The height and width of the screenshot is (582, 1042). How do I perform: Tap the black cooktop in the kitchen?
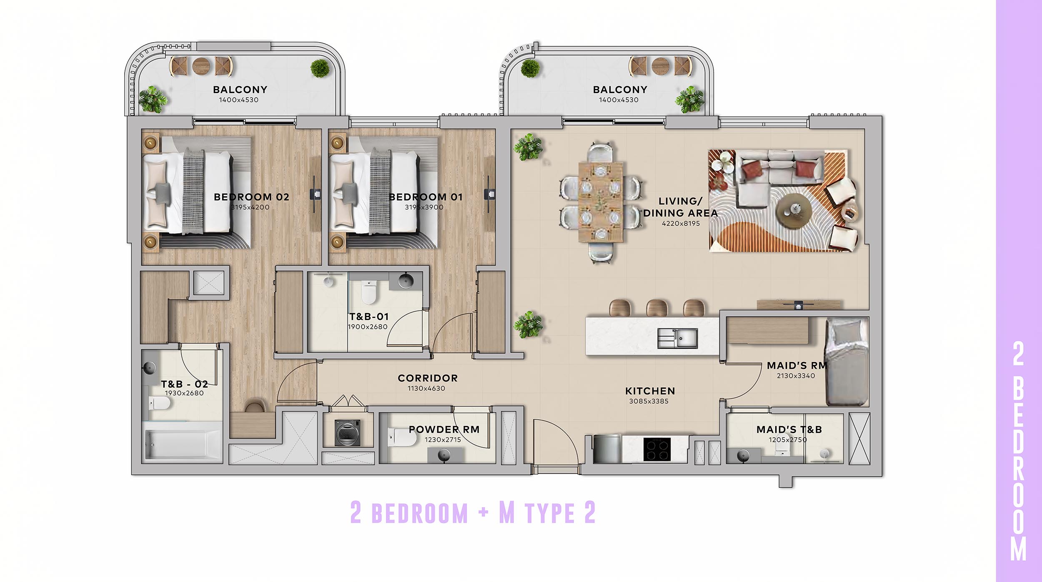click(657, 449)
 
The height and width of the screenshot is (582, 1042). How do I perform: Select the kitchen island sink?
click(677, 338)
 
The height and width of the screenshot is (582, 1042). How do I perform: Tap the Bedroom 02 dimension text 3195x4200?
click(250, 207)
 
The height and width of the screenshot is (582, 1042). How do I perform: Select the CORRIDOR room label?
click(428, 378)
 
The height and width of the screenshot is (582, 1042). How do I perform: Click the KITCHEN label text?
click(650, 391)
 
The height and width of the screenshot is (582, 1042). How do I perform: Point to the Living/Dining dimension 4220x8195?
click(681, 223)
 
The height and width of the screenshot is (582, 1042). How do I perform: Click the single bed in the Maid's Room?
click(847, 362)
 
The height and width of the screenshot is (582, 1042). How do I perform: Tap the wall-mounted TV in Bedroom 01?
click(489, 194)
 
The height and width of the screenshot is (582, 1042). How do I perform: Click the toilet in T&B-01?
click(368, 292)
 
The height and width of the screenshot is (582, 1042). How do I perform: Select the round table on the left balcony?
click(201, 66)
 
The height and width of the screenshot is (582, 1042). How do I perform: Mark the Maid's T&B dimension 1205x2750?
click(788, 440)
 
